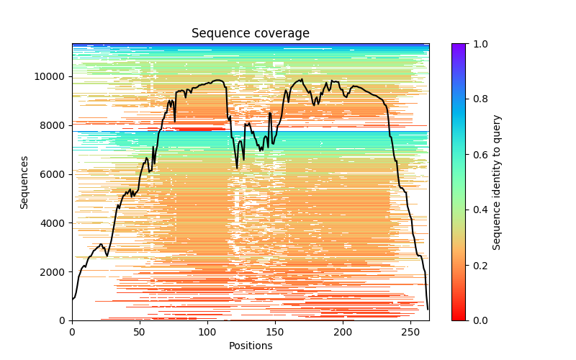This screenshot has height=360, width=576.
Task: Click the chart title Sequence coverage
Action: (x=251, y=34)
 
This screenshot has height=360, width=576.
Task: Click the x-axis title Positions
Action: (x=251, y=346)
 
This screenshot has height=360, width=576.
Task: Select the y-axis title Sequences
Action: (x=24, y=182)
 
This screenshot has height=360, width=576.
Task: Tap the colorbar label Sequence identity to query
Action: (x=497, y=182)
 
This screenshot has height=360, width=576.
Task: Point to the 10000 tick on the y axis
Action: (x=53, y=76)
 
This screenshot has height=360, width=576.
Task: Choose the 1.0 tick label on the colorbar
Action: (x=479, y=44)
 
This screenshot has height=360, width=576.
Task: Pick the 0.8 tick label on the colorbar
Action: (x=479, y=99)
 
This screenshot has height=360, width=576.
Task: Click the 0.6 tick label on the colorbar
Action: (x=479, y=155)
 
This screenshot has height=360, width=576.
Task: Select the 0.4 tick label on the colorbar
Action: (x=479, y=210)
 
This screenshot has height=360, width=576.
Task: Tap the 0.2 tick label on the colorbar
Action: (x=479, y=266)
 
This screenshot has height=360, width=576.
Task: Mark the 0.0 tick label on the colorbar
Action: (x=479, y=320)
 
